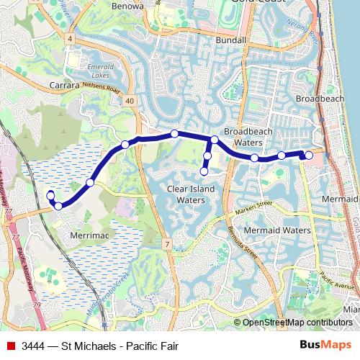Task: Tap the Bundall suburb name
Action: point(231,41)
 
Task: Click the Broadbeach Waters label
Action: point(248,137)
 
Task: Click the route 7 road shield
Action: point(167,246)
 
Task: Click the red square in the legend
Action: point(11,346)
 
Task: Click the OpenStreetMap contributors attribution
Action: point(297,323)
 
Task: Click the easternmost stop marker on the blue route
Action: point(309,155)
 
